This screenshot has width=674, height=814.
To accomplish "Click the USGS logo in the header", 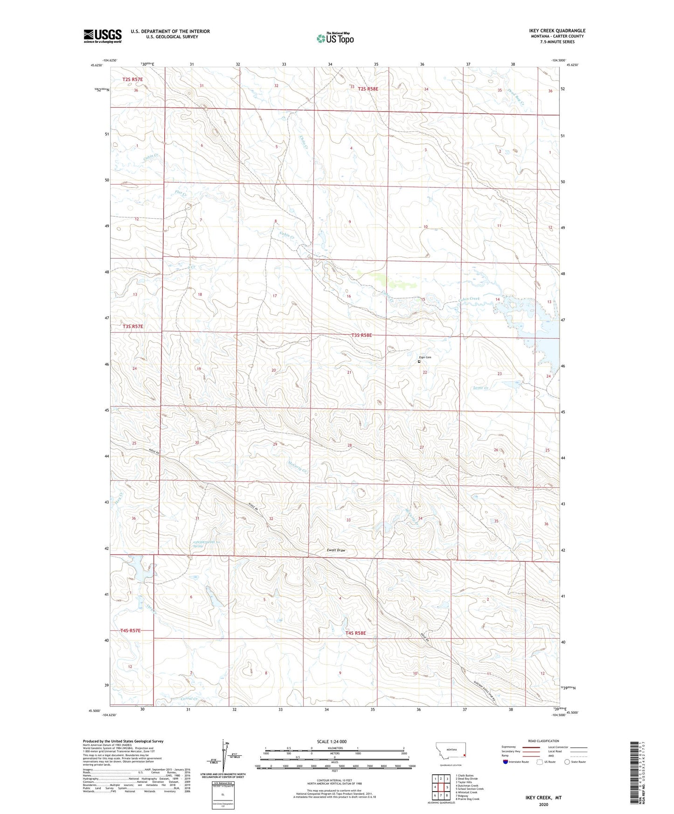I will coord(103,36).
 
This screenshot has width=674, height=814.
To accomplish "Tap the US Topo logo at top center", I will coord(334,38).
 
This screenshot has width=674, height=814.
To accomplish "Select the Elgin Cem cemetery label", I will coord(424,357).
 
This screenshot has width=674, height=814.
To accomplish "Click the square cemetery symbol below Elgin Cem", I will coord(419,361).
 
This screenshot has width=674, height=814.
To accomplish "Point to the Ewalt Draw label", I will coord(336,550).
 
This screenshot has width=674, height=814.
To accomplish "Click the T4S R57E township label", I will coord(130,630).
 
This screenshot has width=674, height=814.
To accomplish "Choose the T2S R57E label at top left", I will coord(132,79).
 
